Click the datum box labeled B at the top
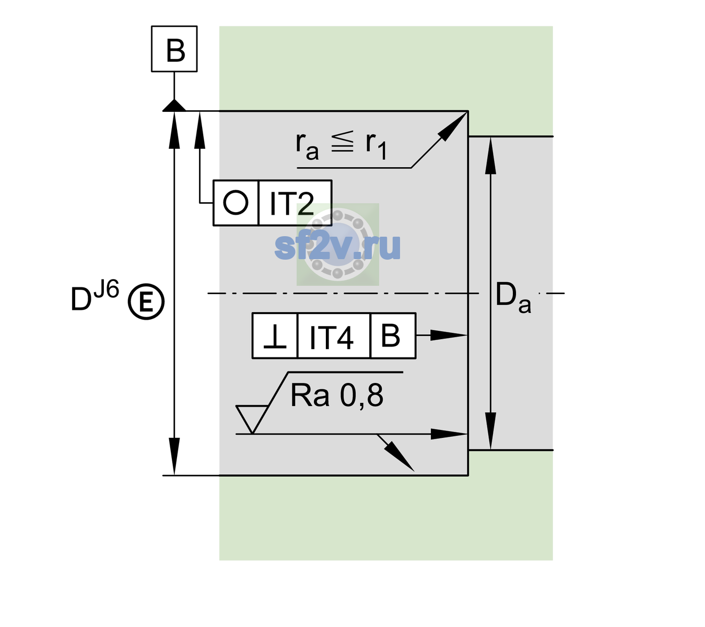[174, 49]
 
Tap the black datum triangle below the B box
[174, 106]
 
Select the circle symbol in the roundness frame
[236, 203]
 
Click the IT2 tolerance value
[291, 203]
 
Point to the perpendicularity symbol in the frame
[275, 336]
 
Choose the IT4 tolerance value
[331, 337]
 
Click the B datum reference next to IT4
[391, 335]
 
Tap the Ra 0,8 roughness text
[337, 396]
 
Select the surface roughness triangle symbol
[252, 420]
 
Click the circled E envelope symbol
[146, 301]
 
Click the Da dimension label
[513, 297]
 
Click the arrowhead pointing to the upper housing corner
[452, 126]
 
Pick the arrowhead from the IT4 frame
[449, 335]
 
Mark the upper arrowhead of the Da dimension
[491, 156]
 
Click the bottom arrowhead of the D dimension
[174, 457]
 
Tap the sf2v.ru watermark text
[337, 247]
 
